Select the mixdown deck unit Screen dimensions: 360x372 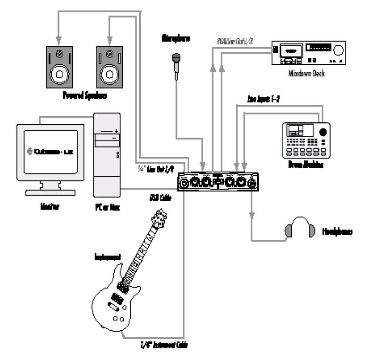(309, 54)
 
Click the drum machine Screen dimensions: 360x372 (306, 140)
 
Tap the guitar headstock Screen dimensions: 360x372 (160, 218)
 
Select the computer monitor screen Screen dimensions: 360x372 (50, 151)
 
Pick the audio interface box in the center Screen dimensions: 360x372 (219, 181)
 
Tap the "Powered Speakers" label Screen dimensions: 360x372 (85, 96)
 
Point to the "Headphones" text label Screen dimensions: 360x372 (338, 232)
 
